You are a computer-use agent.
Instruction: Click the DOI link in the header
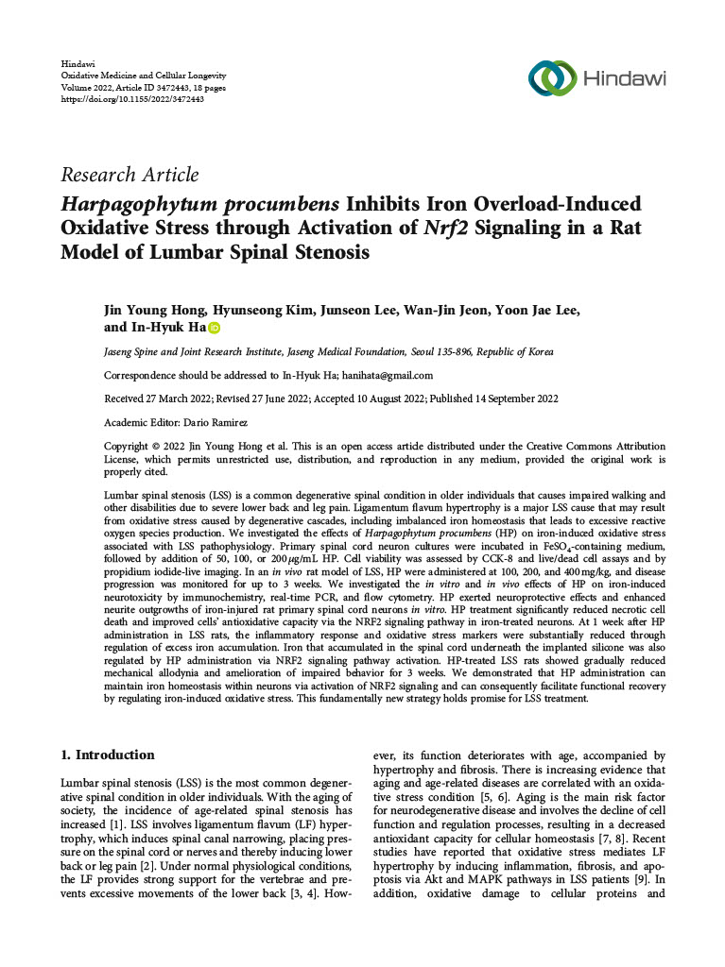(132, 98)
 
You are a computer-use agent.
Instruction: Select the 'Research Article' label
(129, 175)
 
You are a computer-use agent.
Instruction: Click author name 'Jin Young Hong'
(150, 312)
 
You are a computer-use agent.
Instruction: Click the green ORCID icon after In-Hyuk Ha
(214, 329)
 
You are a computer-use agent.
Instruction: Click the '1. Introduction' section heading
(107, 755)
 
